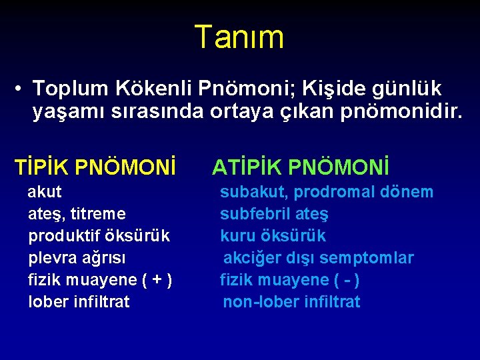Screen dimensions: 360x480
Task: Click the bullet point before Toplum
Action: coord(22,89)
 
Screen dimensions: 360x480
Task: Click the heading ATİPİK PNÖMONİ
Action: coord(301,167)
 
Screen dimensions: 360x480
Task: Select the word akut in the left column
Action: coord(45,192)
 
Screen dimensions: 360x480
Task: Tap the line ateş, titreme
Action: coord(77,214)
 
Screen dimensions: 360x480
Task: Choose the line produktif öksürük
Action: coord(99,236)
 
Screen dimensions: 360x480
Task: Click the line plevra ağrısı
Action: coord(77,258)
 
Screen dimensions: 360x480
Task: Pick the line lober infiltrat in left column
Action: coord(79,301)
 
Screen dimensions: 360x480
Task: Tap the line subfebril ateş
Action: coord(274,214)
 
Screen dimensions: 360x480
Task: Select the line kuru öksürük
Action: coord(273,236)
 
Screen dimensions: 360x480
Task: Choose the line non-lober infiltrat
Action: coord(291,301)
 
